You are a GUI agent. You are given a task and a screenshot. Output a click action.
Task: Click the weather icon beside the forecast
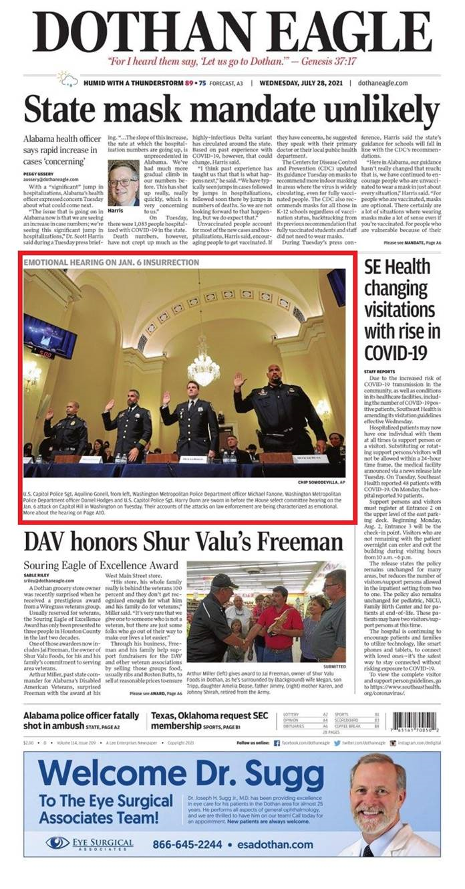(x=67, y=81)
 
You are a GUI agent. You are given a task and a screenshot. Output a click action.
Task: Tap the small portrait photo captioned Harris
(x=122, y=183)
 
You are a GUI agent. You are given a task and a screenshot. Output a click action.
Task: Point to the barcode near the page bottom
(x=414, y=721)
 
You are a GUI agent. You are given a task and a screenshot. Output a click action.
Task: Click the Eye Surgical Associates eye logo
(x=57, y=842)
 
